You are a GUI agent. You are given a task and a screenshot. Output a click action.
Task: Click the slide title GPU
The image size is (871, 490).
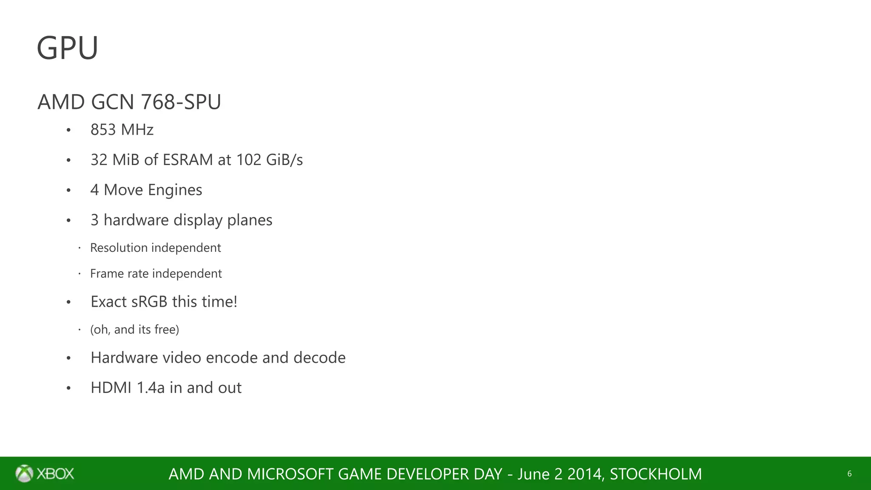click(68, 48)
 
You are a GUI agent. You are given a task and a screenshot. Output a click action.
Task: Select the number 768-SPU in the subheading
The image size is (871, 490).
click(181, 102)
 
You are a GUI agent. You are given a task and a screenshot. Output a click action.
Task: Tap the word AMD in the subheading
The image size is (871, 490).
click(61, 102)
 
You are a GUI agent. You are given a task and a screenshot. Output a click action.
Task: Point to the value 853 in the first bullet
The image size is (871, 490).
click(103, 130)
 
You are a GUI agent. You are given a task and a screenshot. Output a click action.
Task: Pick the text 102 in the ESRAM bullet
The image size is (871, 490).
click(249, 160)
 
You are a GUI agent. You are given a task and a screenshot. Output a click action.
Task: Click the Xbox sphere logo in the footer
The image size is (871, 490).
click(24, 473)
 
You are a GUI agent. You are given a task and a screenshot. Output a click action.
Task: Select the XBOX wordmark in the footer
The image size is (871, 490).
click(55, 474)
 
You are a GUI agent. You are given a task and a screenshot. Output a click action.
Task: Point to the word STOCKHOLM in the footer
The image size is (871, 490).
click(656, 474)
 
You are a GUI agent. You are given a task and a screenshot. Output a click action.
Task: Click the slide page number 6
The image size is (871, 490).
click(849, 474)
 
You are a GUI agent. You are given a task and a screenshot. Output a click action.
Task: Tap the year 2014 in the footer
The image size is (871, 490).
click(586, 474)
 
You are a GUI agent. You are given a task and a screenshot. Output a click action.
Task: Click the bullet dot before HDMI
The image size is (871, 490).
click(68, 388)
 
